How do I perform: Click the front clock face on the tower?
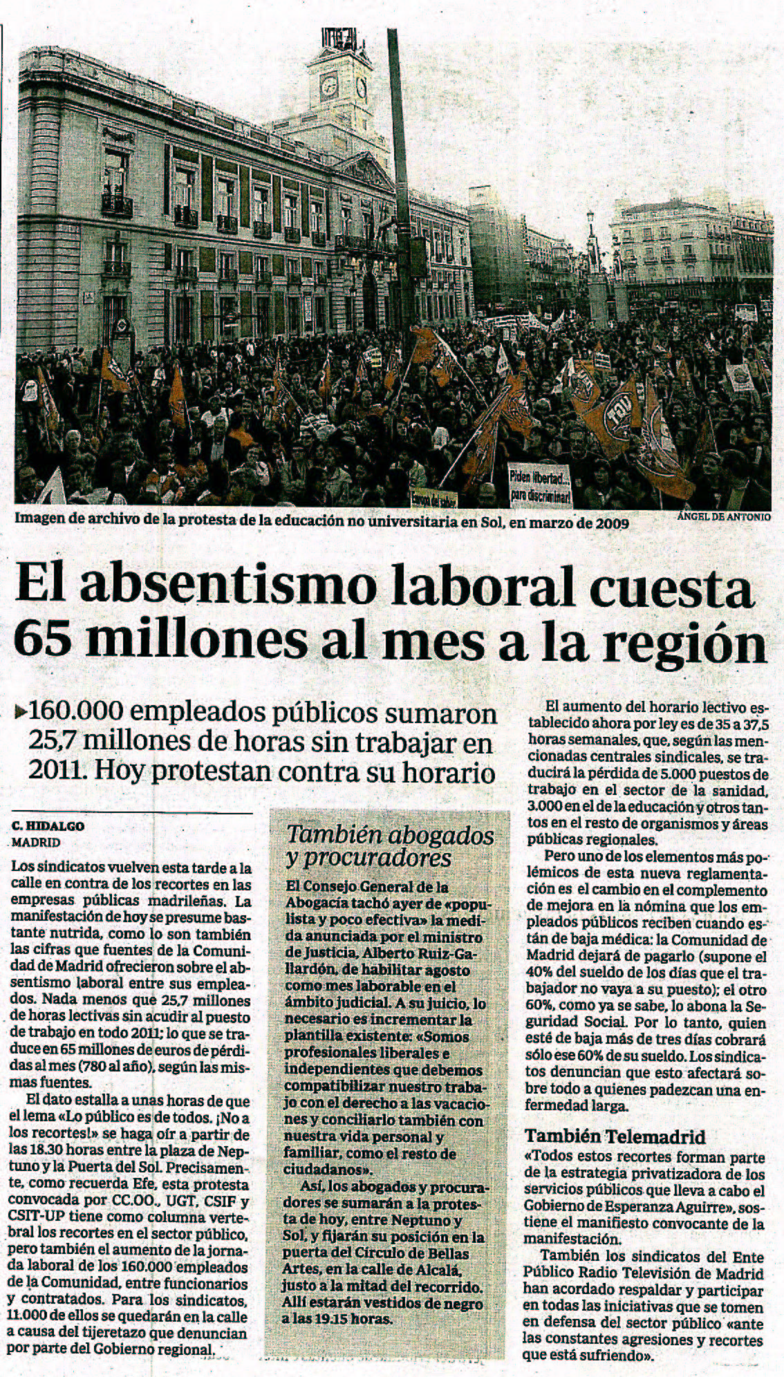[329, 86]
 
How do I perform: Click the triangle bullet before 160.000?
[19, 712]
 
